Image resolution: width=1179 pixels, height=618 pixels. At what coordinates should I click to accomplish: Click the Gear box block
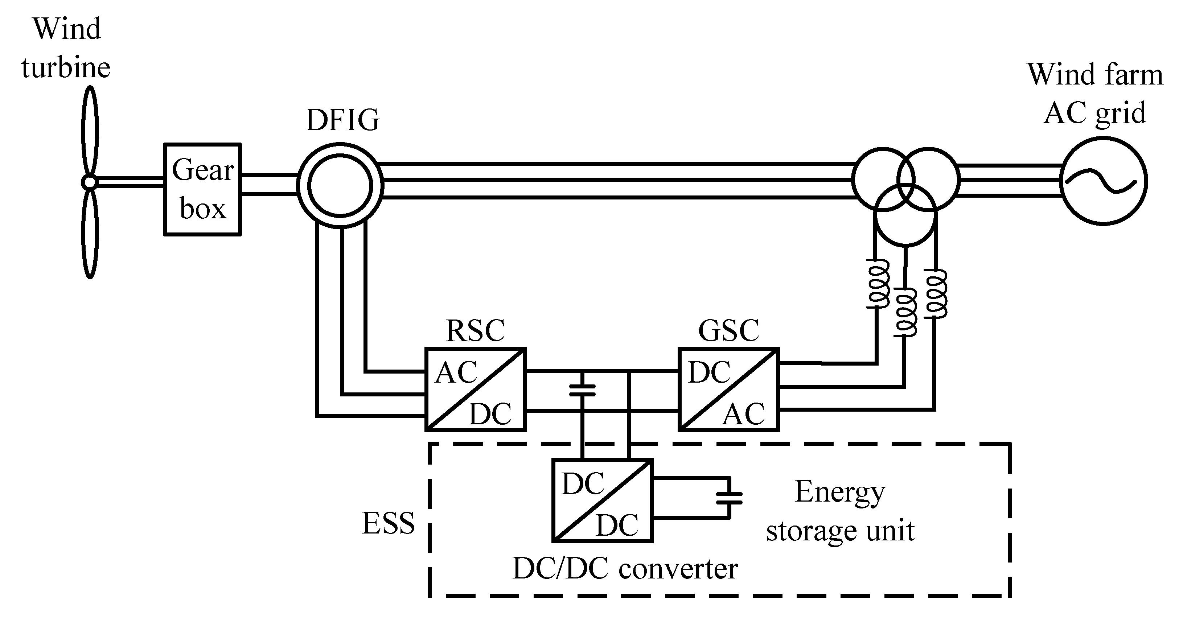pos(202,189)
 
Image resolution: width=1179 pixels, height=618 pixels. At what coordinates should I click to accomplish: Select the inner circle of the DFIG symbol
pos(340,185)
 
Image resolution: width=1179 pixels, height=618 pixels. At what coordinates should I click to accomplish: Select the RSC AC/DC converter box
pos(475,389)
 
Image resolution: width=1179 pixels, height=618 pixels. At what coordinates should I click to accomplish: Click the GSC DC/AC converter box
pos(728,389)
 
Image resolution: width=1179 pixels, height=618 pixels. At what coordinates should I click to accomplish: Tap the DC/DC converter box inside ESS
pos(602,500)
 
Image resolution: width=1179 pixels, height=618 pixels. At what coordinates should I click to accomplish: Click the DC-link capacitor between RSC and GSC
pos(582,390)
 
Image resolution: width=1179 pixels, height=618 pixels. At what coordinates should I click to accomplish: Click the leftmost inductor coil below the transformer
pos(878,284)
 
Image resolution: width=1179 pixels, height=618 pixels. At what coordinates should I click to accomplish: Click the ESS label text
pos(388,523)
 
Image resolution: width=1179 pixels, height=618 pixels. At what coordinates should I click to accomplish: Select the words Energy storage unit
pos(840,511)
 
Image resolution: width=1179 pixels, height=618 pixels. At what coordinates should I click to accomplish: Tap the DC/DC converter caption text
pos(625,569)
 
